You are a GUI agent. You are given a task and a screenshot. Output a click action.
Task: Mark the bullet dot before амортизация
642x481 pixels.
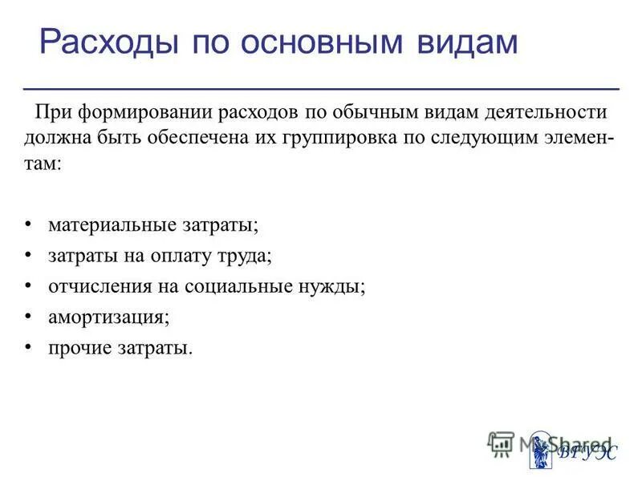click(x=29, y=316)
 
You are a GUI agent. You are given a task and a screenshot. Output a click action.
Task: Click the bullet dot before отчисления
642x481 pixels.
click(x=29, y=285)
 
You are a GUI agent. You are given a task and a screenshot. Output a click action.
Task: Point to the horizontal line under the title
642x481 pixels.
click(x=321, y=87)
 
